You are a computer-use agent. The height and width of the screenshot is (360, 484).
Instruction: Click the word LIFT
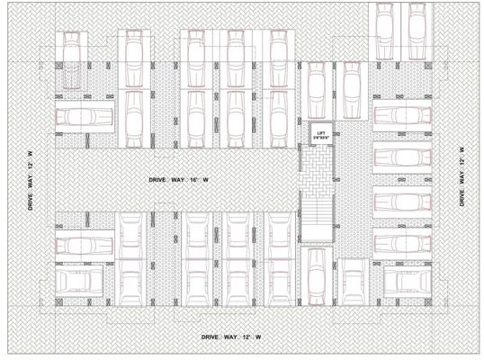point(320,130)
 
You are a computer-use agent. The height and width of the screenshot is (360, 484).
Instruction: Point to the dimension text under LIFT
point(320,136)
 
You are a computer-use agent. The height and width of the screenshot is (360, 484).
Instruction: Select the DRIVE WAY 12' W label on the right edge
point(462,176)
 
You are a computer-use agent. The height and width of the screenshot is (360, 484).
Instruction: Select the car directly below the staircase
point(317,274)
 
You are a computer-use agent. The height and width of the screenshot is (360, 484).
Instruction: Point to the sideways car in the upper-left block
point(85,118)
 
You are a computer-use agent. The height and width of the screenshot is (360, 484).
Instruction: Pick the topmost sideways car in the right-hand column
point(397,114)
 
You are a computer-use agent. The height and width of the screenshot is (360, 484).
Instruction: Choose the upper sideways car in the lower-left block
point(85,244)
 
